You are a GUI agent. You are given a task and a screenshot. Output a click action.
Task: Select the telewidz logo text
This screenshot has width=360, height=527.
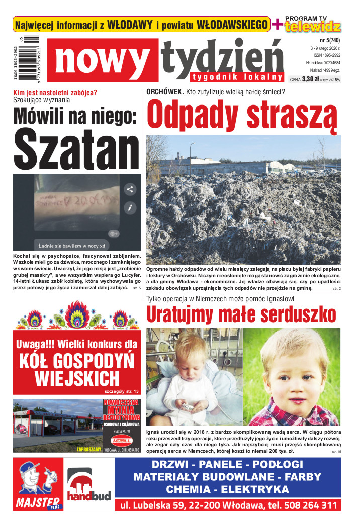pyautogui.click(x=313, y=27)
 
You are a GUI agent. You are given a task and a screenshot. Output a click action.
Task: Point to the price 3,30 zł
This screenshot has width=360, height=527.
pyautogui.click(x=312, y=79)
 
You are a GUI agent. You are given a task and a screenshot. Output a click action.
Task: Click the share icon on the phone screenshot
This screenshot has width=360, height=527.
pyautogui.click(x=130, y=189)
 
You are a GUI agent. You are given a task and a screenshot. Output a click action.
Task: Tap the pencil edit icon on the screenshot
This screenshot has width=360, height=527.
pyautogui.click(x=130, y=207)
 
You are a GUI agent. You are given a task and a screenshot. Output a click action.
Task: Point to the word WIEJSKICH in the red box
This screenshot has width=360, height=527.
pyautogui.click(x=77, y=378)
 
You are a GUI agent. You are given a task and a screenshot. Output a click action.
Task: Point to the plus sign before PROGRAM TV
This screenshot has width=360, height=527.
pyautogui.click(x=277, y=23)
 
